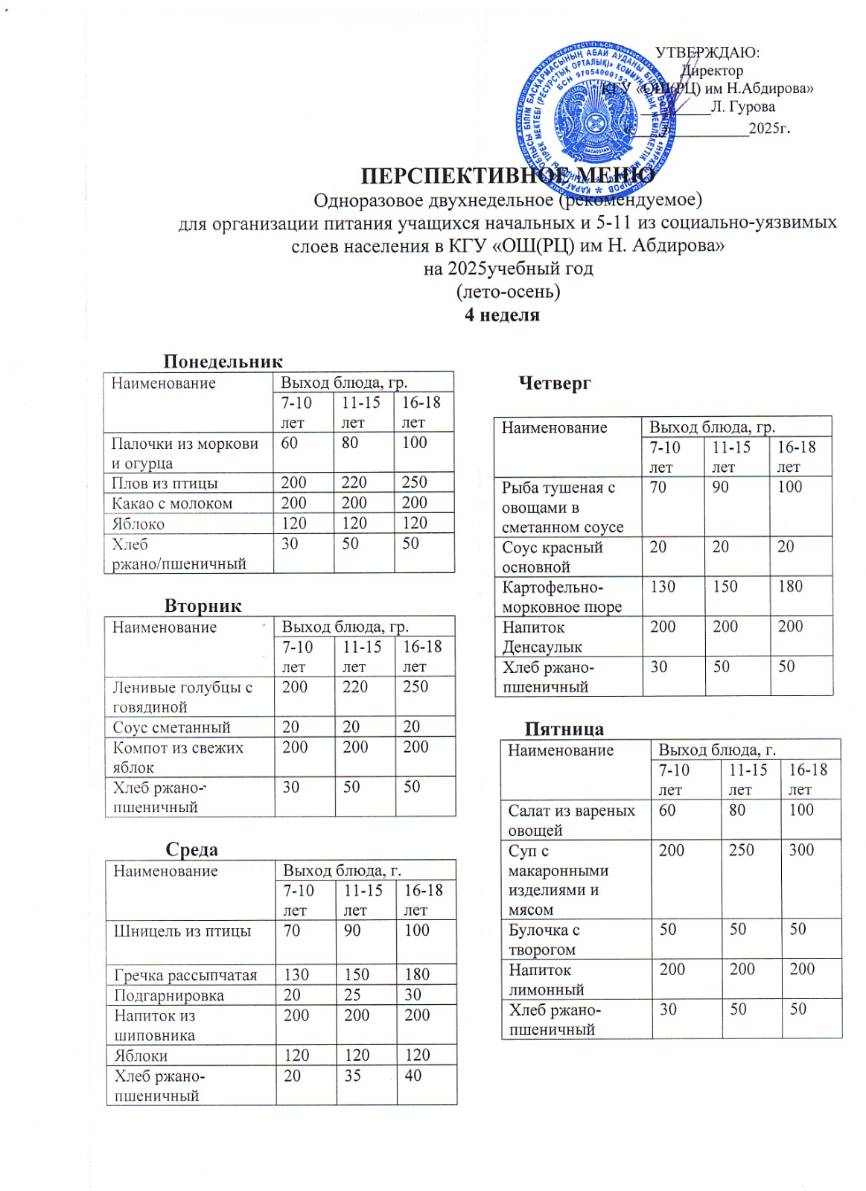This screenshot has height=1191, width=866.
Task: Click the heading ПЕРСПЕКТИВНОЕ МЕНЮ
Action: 508,176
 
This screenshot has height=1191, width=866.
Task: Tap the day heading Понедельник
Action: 223,362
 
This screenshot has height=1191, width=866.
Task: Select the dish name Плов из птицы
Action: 165,483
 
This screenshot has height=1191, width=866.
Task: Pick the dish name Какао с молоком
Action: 172,503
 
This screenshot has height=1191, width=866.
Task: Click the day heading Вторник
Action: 203,605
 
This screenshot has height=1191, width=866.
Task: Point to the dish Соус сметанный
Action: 171,727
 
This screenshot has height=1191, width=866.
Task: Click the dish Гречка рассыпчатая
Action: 185,975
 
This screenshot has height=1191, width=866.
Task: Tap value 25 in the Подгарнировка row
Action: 352,995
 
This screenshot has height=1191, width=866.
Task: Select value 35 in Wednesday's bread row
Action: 352,1076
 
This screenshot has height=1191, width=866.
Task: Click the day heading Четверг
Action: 555,383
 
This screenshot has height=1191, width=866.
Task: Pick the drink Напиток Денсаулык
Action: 541,637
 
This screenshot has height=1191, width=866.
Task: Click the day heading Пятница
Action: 564,729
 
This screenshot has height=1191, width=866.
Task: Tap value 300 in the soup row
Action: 802,850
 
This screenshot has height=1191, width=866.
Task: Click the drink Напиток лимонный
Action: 546,980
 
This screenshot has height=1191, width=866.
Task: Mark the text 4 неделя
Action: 502,315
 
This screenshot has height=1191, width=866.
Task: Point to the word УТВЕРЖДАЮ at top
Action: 707,53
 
